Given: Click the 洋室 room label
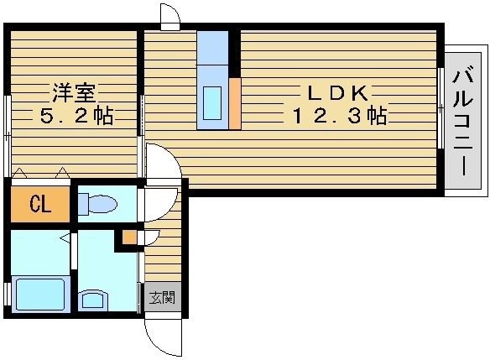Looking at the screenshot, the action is coord(74,93).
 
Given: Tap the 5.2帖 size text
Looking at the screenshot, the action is coord(76,117).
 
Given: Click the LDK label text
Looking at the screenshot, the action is coord(338,93).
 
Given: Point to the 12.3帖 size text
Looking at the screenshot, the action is coord(340,116).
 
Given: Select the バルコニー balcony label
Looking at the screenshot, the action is coord(463,121).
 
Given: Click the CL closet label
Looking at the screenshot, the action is coord(40,205).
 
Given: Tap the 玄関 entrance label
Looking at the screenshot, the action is coord(163,297).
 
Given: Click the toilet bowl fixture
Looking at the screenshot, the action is coord(98,204).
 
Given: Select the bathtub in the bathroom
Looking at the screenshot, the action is coord(40,295).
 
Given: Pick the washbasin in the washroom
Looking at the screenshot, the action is coord(93,300).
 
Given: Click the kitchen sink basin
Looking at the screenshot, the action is coord(212,103).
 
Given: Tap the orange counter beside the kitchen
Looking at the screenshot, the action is coord(235,104).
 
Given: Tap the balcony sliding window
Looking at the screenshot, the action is coord(441,107).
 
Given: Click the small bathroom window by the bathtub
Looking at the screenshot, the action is coord(7,294).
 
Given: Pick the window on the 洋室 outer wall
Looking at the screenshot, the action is coord(8,136).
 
